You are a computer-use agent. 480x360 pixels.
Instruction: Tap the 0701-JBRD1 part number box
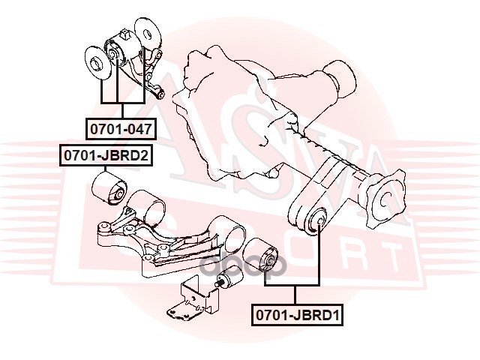point(297,316)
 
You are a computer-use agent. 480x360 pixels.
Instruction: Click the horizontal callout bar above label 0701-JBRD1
point(292,286)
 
